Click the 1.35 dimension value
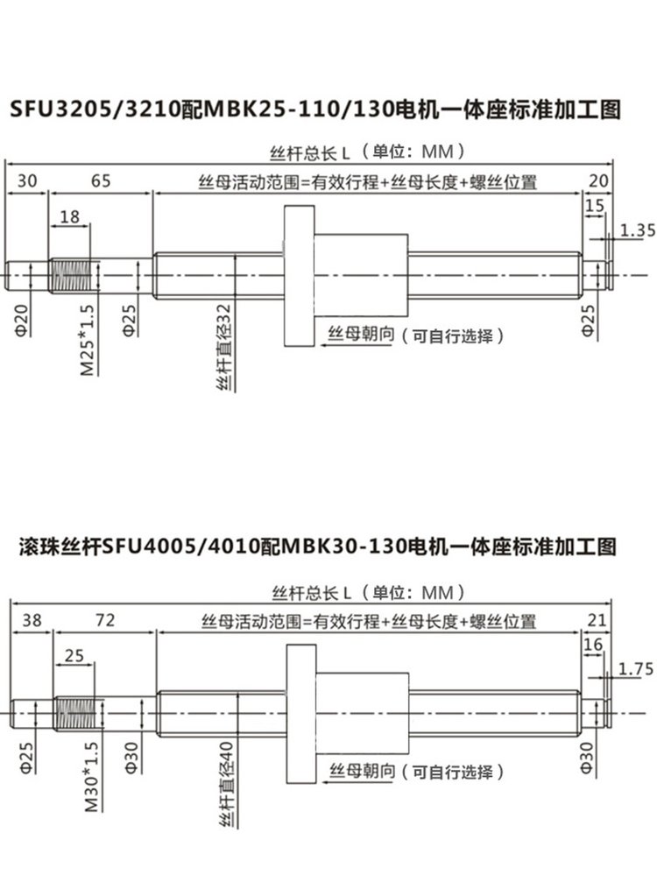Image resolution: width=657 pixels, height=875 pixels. [x=638, y=229]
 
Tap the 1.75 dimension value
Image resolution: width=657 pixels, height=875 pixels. [x=636, y=668]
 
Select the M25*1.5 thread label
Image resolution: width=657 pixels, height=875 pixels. [x=88, y=339]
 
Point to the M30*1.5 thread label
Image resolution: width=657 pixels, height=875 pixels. [x=92, y=776]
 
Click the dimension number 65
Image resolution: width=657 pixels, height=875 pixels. [x=101, y=180]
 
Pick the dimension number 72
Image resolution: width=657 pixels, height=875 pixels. [x=105, y=620]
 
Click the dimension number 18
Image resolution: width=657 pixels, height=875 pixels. [x=70, y=216]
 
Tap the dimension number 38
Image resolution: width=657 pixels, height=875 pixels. [x=32, y=620]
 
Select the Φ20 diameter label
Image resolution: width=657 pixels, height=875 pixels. [x=21, y=321]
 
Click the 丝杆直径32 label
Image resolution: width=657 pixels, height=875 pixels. [x=224, y=347]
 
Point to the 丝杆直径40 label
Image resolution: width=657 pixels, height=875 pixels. [x=226, y=784]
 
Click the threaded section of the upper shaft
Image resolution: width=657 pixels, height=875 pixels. [x=70, y=275]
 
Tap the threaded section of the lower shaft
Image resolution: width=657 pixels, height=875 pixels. [x=75, y=713]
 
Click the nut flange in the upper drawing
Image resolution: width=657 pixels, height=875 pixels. [x=300, y=275]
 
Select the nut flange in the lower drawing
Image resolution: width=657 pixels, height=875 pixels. [x=301, y=713]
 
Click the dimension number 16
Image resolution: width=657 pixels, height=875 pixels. [x=593, y=645]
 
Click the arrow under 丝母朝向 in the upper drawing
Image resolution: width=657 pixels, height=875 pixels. [x=357, y=345]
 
